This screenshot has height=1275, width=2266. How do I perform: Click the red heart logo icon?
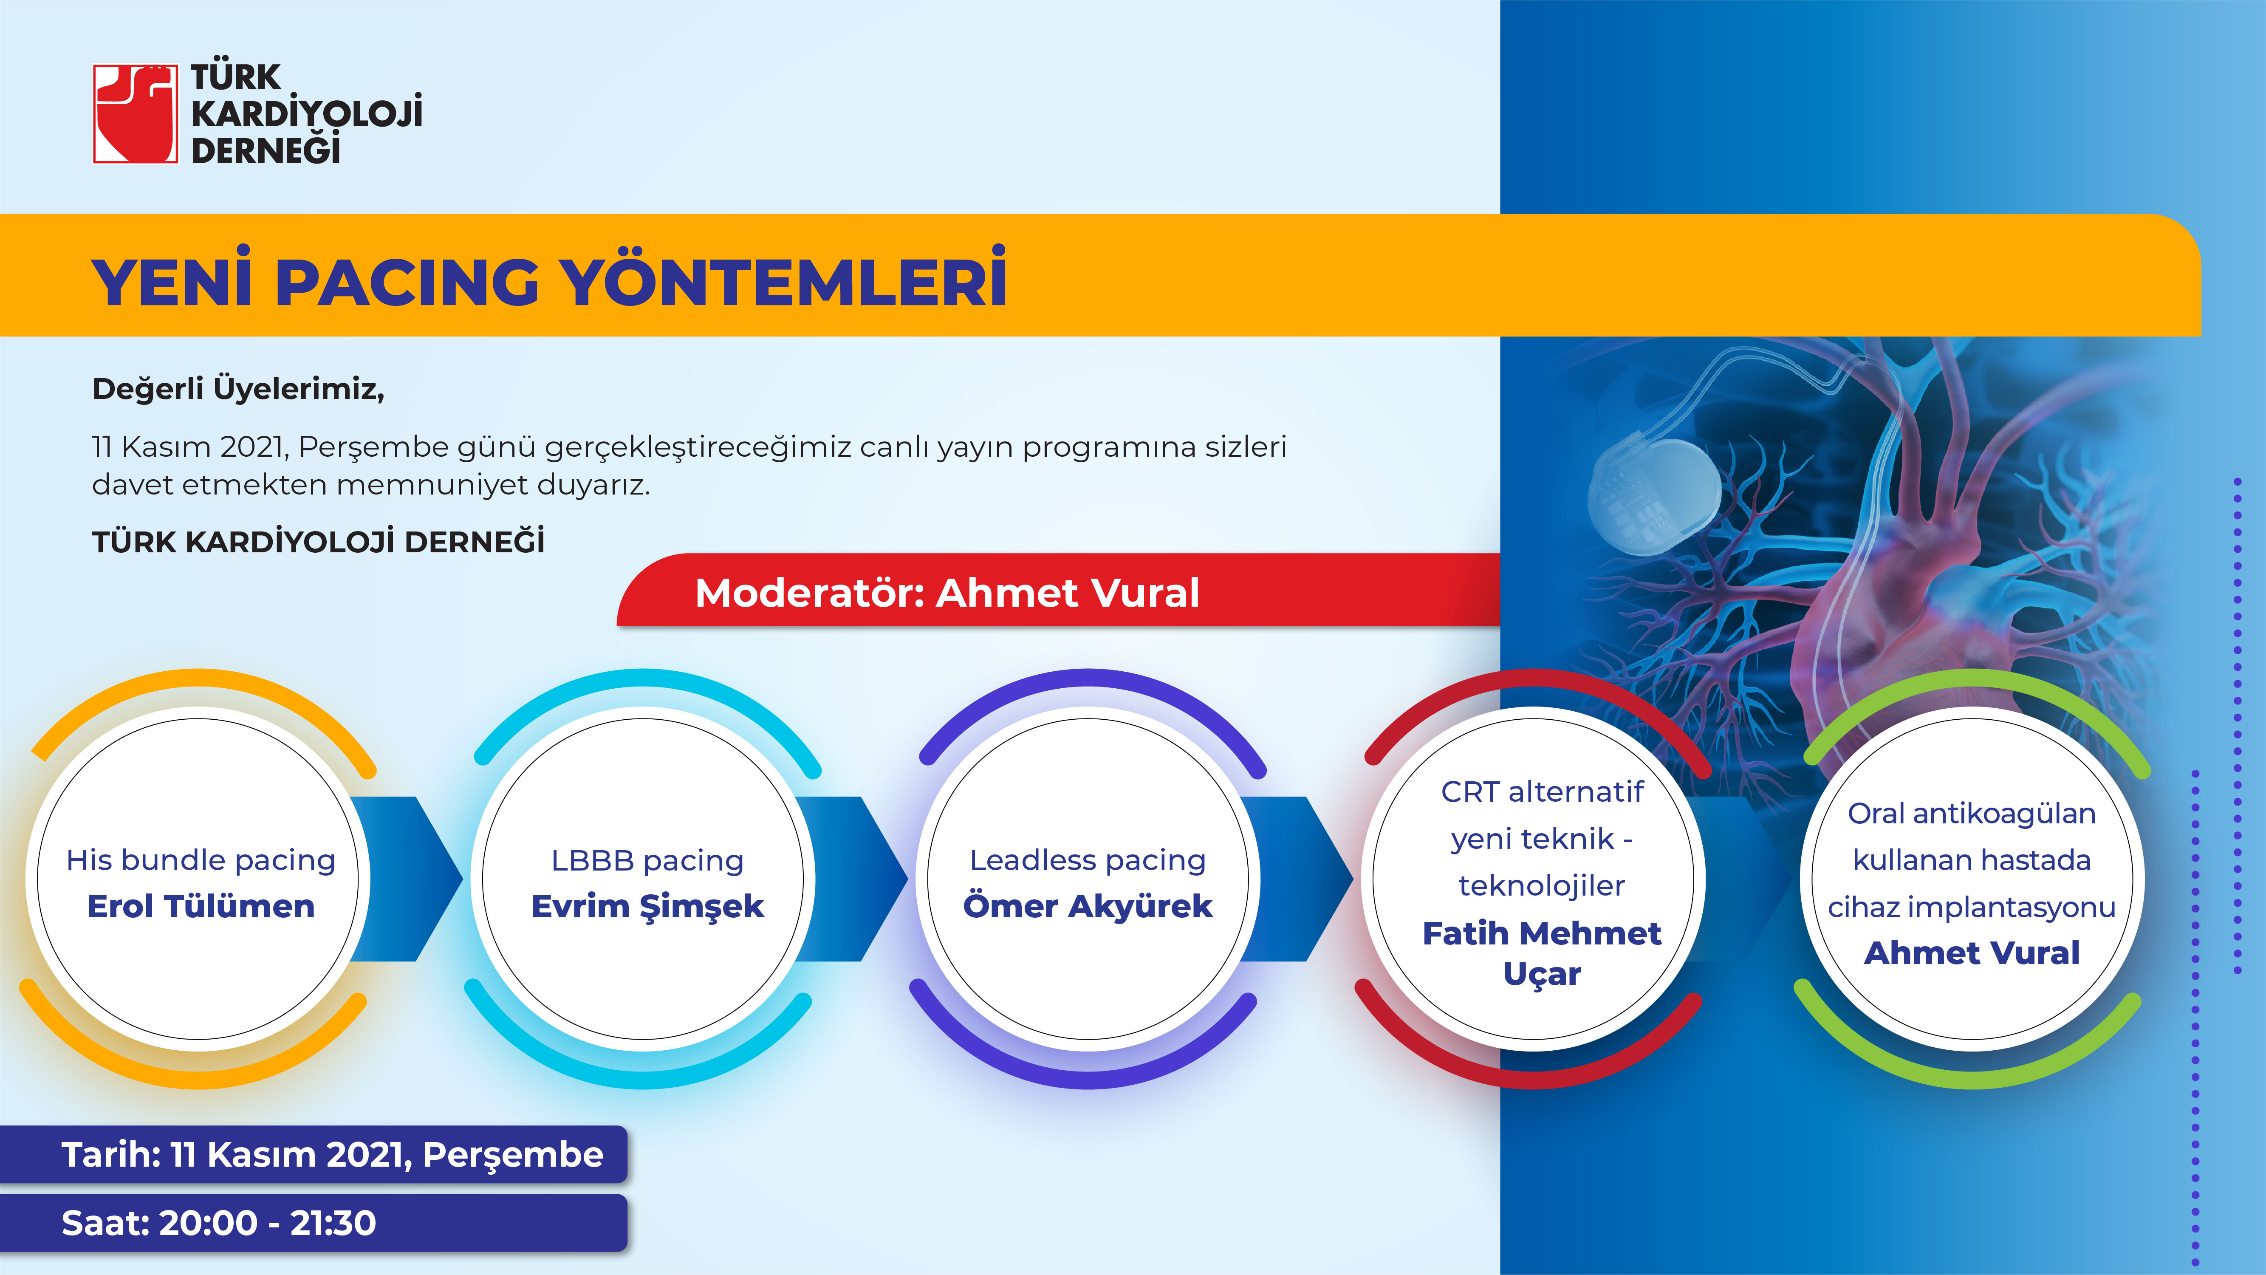tap(136, 113)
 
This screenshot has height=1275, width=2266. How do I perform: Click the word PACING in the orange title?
tap(407, 283)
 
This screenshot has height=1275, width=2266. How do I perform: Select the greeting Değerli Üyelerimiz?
tap(238, 388)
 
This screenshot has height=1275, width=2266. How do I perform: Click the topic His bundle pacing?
tap(201, 859)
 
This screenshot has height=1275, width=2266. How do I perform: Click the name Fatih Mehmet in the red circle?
tap(1542, 933)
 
